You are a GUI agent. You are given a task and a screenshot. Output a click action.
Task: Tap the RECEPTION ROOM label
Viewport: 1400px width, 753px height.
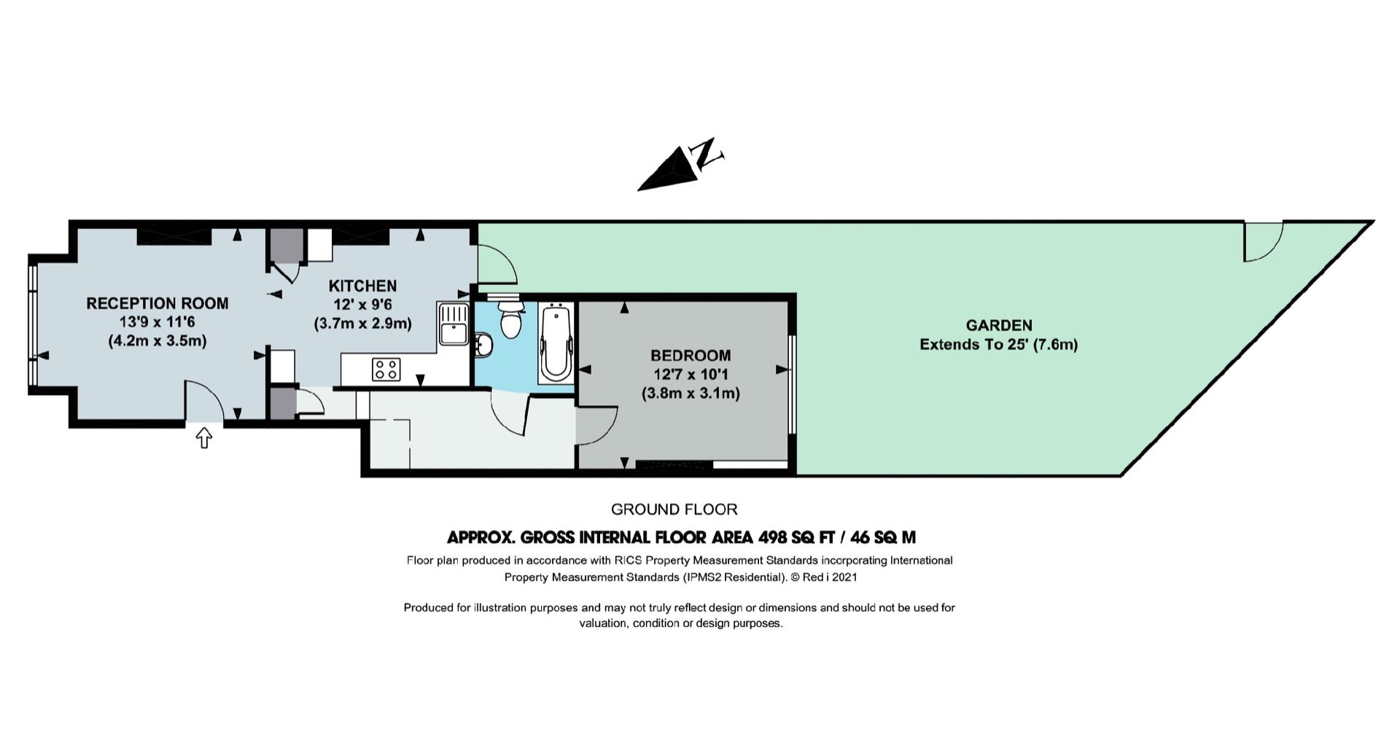157,303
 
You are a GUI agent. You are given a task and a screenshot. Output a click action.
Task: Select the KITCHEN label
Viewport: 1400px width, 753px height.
362,286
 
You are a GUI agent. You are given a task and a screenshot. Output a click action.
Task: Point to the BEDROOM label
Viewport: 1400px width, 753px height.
691,356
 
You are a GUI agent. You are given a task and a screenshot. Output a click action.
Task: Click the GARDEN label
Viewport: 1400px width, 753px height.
999,326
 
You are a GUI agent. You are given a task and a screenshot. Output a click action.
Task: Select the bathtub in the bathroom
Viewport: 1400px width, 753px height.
556,343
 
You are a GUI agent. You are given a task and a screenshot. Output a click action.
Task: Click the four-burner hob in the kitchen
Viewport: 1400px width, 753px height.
386,369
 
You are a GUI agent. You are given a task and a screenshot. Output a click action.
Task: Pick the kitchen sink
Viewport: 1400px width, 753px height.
454,323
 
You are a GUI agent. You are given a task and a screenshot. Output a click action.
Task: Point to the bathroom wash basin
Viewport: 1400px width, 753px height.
483,345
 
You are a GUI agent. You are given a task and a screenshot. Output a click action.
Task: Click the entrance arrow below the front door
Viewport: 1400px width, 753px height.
204,437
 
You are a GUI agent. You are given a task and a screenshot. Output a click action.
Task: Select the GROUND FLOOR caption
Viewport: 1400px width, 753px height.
674,510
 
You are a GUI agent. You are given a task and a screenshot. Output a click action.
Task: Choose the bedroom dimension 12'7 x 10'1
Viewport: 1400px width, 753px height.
691,375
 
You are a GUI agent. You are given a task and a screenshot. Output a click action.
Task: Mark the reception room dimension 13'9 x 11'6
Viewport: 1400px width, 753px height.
157,322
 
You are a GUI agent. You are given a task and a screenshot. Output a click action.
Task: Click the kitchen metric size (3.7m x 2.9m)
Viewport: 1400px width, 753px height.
362,323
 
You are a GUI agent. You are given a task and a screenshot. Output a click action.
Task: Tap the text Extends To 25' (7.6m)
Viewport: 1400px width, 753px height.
999,344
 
